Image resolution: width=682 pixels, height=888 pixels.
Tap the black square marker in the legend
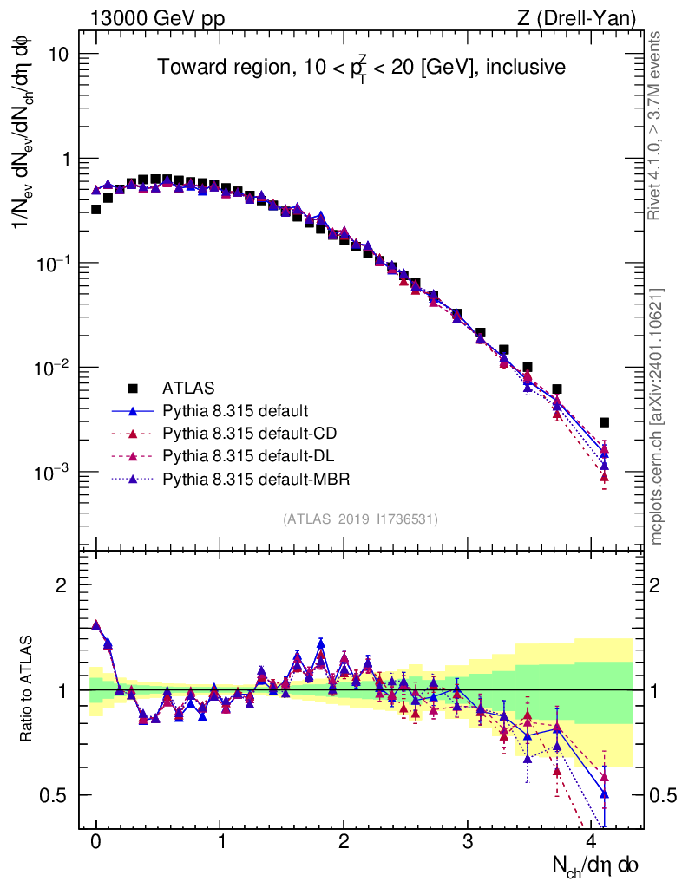click(133, 388)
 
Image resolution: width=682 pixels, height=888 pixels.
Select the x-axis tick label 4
click(593, 843)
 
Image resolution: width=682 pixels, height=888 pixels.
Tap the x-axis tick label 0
click(96, 843)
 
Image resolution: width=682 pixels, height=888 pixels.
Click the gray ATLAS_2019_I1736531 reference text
click(359, 519)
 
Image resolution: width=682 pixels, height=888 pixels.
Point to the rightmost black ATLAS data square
click(604, 422)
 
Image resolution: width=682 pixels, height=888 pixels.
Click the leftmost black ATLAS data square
click(95, 209)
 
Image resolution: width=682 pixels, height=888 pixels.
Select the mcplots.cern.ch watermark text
click(658, 416)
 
